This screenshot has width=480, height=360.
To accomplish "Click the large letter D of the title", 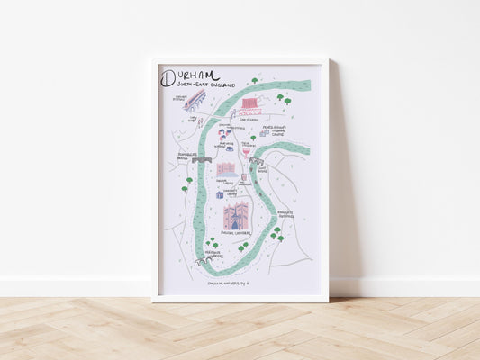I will (x=168, y=77).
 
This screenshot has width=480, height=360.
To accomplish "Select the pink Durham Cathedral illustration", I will (x=237, y=216).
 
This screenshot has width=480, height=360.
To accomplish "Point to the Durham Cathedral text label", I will (x=237, y=233).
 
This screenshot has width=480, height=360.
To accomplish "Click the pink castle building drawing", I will (x=225, y=169).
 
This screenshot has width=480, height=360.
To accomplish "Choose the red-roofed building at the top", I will (x=249, y=106).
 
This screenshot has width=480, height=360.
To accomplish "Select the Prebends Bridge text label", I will (x=213, y=255).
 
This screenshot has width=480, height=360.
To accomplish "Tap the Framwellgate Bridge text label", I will (x=186, y=154).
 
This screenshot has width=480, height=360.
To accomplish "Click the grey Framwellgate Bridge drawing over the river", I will (x=202, y=160).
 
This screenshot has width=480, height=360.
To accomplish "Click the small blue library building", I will (x=219, y=193).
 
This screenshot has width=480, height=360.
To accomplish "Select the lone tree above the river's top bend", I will (x=254, y=81).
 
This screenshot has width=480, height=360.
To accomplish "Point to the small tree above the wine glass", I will (x=252, y=138).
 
